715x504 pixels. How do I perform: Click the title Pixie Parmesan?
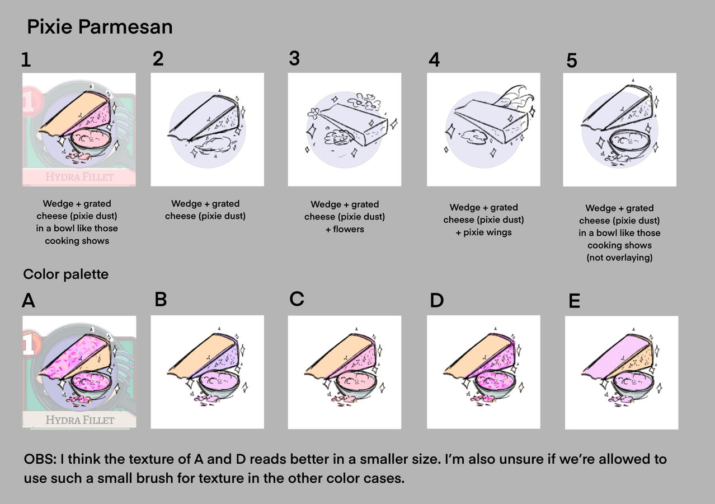[100, 27]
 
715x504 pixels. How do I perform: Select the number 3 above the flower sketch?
[294, 58]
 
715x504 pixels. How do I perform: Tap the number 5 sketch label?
[571, 60]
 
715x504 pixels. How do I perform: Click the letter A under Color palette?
[28, 301]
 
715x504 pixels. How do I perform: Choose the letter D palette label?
[436, 301]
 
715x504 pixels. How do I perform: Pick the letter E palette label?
[574, 301]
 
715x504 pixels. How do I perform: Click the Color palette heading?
[65, 274]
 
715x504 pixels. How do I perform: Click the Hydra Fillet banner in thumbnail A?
[79, 420]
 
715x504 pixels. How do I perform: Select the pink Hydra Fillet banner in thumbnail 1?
[79, 177]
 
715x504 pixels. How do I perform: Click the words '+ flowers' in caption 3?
[345, 229]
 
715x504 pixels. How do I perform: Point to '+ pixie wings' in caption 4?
[484, 232]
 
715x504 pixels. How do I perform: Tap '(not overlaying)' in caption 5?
[619, 258]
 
